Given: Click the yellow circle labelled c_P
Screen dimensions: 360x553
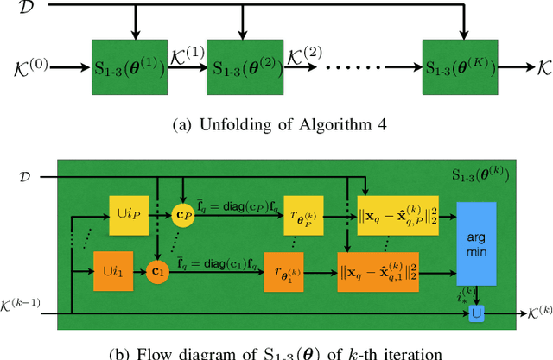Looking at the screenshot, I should (182, 214).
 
